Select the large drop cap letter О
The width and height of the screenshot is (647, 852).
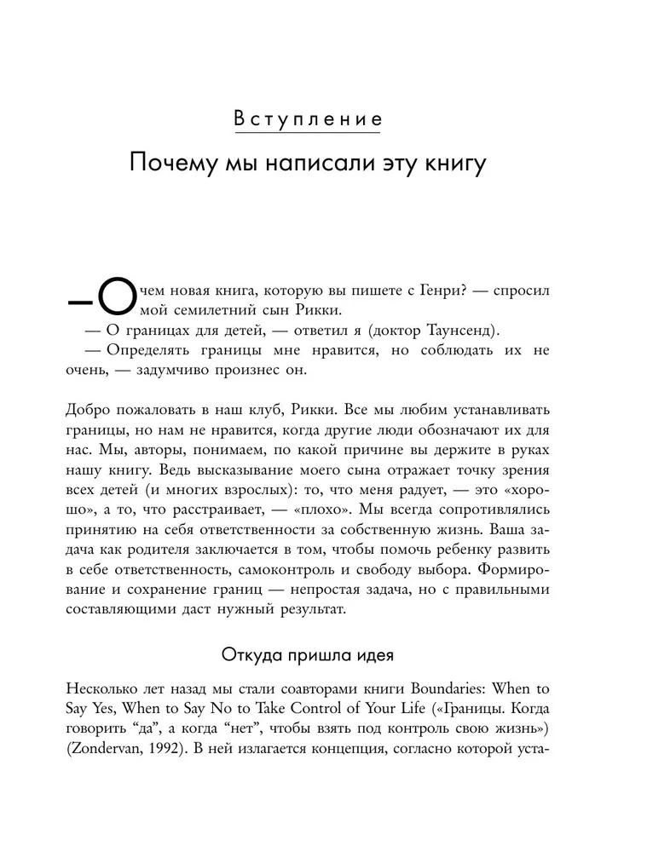(117, 302)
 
